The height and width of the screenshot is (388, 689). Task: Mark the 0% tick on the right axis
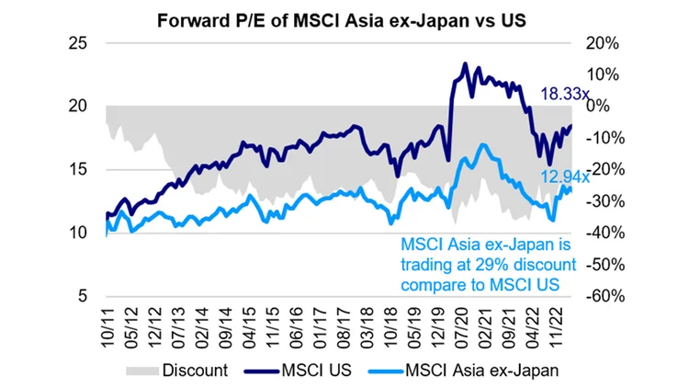point(598,107)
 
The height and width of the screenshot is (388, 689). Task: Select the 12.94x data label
point(565,177)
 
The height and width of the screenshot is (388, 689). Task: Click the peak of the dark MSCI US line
point(466,64)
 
